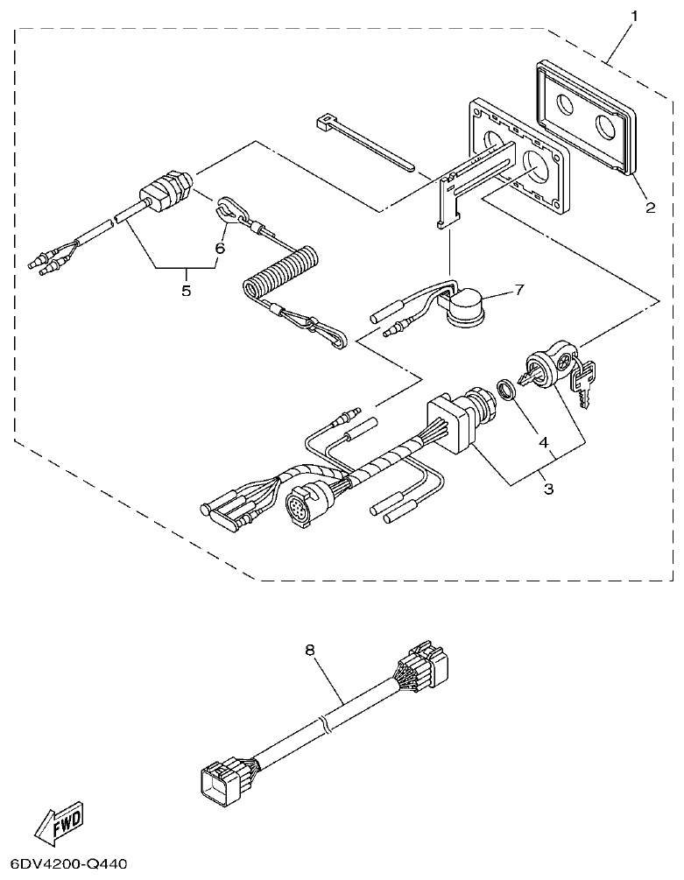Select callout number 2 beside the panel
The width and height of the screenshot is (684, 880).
pyautogui.click(x=650, y=208)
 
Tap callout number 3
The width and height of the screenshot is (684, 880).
pyautogui.click(x=549, y=489)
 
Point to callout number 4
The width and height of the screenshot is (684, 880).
pyautogui.click(x=544, y=443)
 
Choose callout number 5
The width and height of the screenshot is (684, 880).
pyautogui.click(x=186, y=291)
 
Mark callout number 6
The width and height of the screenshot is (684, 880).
pyautogui.click(x=220, y=249)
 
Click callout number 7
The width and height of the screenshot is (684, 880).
pyautogui.click(x=519, y=290)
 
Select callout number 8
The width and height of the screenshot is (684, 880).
pyautogui.click(x=309, y=651)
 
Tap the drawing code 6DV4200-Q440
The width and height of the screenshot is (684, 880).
pyautogui.click(x=64, y=864)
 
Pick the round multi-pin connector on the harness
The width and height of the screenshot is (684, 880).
pyautogui.click(x=301, y=507)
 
